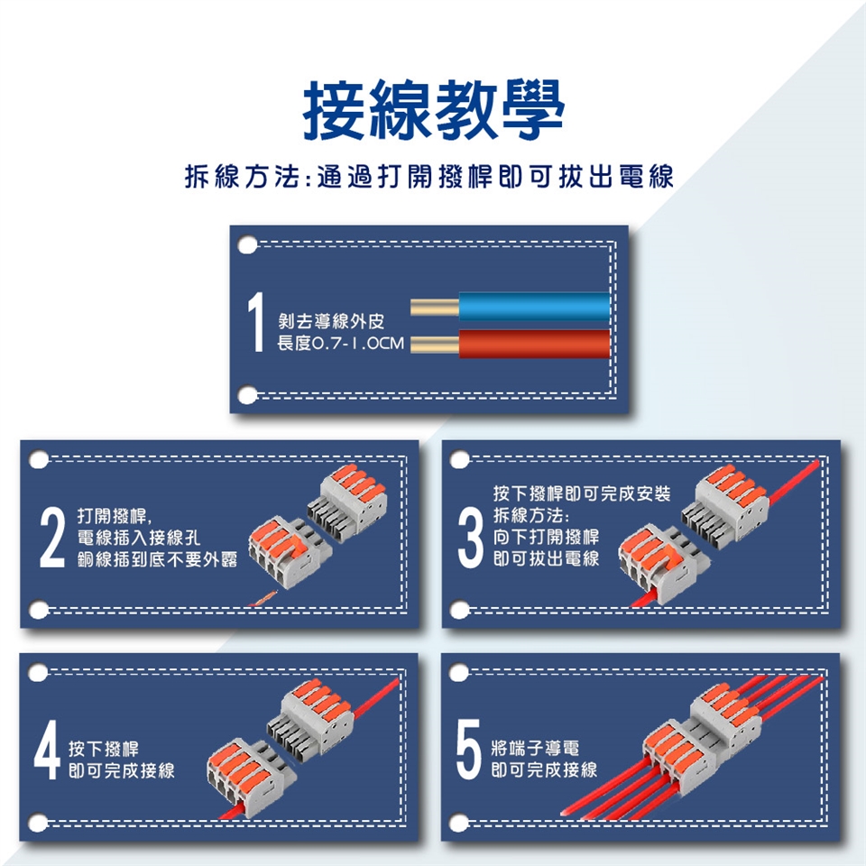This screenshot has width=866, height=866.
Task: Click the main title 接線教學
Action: tap(434, 110)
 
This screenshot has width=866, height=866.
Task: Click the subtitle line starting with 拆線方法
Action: tap(428, 177)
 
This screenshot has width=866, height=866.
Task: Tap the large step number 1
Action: tap(256, 322)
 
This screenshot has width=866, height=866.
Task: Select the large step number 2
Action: tap(52, 538)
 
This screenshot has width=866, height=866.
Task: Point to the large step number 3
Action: tap(471, 538)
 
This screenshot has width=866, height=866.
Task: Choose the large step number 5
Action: tap(468, 750)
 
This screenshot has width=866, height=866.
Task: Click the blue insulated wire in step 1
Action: tap(534, 307)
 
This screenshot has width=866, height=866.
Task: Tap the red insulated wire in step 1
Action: tap(534, 344)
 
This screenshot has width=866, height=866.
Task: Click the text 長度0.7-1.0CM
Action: tap(340, 344)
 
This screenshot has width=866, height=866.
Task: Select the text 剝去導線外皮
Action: tap(331, 321)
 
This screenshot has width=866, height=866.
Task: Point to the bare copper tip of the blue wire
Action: tap(435, 307)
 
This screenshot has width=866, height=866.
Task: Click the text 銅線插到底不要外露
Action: tap(157, 559)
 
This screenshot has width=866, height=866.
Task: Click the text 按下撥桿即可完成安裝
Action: tap(582, 493)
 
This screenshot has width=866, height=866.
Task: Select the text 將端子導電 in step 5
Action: tap(535, 749)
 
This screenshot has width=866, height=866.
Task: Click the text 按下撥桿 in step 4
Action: tap(103, 749)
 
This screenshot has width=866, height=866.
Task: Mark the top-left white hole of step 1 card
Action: tap(247, 244)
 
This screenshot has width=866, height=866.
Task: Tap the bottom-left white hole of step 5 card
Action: tap(459, 824)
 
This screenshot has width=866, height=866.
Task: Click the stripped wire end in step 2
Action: tap(263, 599)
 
